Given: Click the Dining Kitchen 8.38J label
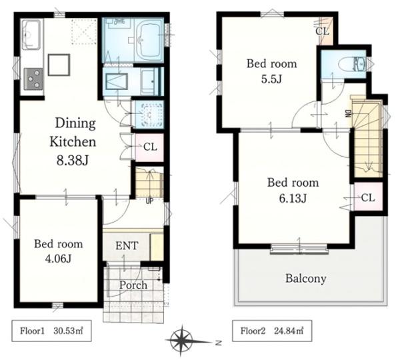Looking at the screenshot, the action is [73, 141].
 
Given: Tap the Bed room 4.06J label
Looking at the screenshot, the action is [59, 251].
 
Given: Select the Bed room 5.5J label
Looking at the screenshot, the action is [272, 71].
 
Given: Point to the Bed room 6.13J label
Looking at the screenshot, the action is [293, 190].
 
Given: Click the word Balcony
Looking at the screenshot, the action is [305, 278].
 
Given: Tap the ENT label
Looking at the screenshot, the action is [127, 246].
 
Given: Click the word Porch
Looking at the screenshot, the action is [133, 285].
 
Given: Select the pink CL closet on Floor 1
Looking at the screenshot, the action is [149, 147].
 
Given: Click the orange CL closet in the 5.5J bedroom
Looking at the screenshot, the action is [327, 31].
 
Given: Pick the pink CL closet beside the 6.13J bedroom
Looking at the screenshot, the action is [369, 197].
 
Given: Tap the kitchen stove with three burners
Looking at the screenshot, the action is [33, 79].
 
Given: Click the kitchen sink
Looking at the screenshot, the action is [31, 35].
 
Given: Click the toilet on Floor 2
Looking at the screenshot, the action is [352, 63].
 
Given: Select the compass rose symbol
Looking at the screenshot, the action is [181, 341].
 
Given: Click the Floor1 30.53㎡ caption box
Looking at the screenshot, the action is [51, 331].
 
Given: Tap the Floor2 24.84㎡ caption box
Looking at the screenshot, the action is [272, 331].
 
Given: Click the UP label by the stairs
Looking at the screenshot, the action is [149, 201].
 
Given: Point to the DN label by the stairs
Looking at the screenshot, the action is [349, 113].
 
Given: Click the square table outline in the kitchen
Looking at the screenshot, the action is [59, 65].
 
